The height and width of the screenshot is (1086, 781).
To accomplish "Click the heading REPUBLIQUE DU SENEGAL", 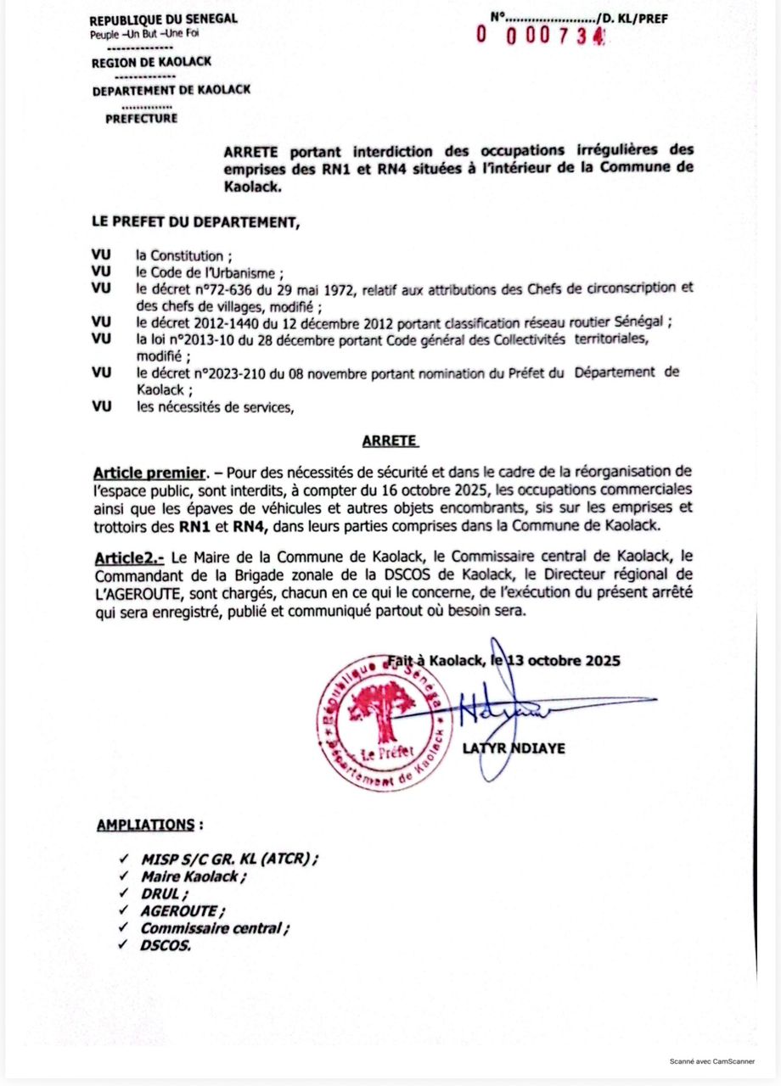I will tap(163, 20).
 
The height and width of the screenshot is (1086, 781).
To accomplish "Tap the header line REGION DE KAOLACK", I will tap(152, 61).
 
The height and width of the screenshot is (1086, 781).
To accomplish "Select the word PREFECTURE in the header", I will tap(142, 119).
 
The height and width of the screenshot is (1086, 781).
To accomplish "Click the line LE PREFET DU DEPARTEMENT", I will tap(195, 222).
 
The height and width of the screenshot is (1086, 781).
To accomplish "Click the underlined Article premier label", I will tap(149, 472).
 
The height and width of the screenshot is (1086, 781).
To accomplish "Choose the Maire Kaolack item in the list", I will tap(194, 877).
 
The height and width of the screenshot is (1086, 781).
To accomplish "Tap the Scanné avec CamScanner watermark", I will tap(712, 1061).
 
